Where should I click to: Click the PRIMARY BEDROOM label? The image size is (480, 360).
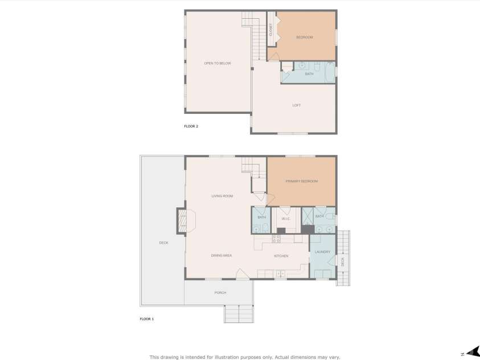(x=301, y=181)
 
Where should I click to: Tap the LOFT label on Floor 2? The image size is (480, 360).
(x=296, y=105)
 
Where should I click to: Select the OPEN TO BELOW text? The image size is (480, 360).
(x=218, y=63)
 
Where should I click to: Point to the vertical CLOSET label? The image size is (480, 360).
(x=271, y=30)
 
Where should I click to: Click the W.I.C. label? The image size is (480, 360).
(x=285, y=219)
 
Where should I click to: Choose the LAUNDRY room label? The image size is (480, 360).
(x=322, y=252)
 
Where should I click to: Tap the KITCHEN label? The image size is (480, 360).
(x=281, y=256)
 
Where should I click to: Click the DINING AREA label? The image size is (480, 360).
(x=221, y=256)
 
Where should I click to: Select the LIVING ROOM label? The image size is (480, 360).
(x=222, y=197)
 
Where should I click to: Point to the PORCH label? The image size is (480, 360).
(x=220, y=293)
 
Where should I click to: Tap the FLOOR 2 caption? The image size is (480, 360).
(x=191, y=126)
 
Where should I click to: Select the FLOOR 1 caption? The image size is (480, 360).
(x=146, y=319)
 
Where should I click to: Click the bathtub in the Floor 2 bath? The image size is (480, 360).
(x=330, y=74)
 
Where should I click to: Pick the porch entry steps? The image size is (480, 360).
(x=239, y=314)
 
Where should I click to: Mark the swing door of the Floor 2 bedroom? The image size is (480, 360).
(x=274, y=56)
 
